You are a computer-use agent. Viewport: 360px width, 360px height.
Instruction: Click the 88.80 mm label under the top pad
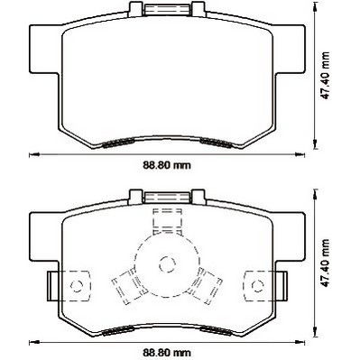(x=167, y=165)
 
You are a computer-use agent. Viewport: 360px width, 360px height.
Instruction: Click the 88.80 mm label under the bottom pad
(x=167, y=352)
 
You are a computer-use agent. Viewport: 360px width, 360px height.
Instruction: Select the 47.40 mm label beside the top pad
(x=325, y=76)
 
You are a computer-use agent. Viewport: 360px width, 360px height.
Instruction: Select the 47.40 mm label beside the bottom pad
(x=325, y=263)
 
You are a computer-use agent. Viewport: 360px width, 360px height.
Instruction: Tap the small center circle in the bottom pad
(x=167, y=264)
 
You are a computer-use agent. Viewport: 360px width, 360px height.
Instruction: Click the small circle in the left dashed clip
(x=76, y=285)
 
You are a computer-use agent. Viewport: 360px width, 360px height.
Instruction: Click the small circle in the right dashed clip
(x=258, y=285)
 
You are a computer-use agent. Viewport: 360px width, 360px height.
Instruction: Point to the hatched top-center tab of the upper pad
(x=167, y=10)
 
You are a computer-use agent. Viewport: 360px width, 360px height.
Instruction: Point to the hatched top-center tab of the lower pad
(x=167, y=197)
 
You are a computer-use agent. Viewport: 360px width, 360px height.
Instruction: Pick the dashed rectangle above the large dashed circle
(x=168, y=221)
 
